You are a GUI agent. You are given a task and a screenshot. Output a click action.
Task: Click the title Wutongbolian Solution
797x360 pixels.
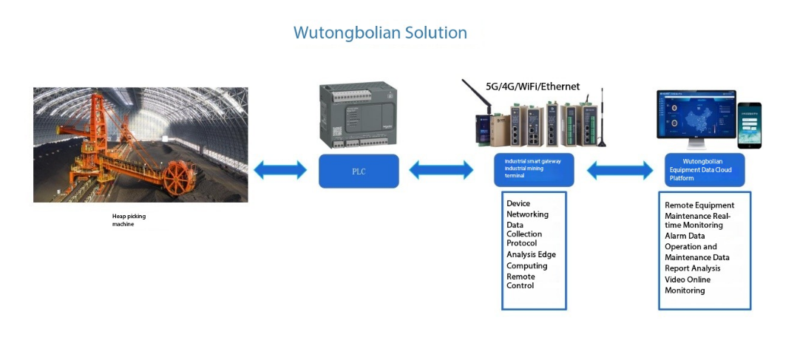click(380, 33)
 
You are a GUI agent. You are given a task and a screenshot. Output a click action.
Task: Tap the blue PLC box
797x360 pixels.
click(359, 171)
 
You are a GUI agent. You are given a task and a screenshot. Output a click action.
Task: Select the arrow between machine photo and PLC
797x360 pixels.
click(279, 171)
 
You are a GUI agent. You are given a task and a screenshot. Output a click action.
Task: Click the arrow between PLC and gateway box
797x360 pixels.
click(441, 171)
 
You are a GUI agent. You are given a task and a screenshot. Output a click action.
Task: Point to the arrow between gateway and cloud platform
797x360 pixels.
click(620, 171)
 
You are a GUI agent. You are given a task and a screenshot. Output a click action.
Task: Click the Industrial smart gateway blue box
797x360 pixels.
click(534, 169)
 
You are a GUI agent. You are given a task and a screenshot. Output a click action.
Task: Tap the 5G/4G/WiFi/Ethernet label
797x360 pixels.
click(532, 86)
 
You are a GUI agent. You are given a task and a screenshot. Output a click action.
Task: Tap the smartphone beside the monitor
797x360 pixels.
click(750, 125)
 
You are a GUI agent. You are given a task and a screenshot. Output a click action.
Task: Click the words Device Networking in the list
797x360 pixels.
click(526, 209)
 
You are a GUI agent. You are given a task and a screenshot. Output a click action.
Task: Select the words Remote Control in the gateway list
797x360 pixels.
click(520, 281)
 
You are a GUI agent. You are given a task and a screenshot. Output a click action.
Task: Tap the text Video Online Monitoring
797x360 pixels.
click(688, 285)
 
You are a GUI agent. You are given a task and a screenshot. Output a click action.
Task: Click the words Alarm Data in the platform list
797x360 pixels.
click(685, 237)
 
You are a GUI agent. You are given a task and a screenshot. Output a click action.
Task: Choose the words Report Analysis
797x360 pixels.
click(692, 268)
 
